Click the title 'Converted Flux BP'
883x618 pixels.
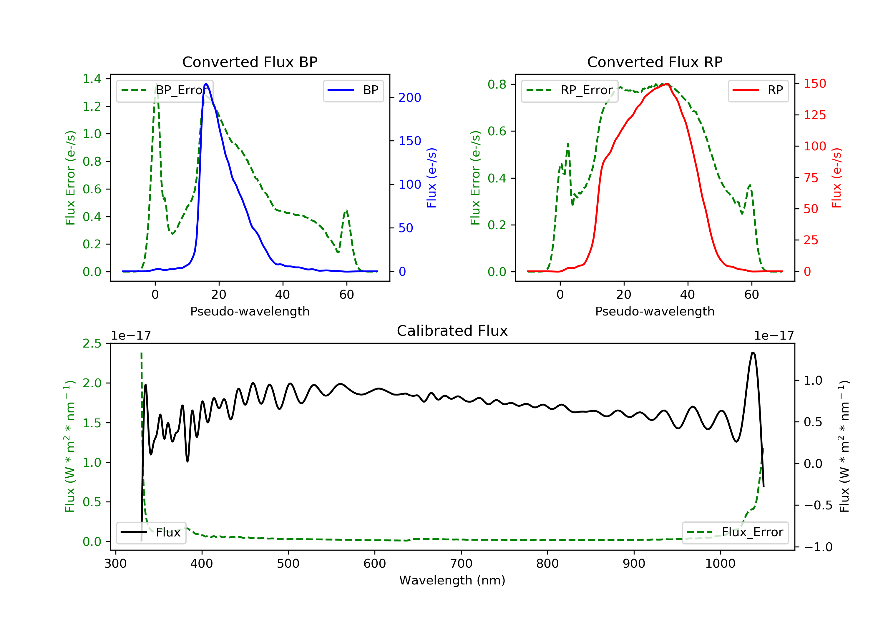coord(250,62)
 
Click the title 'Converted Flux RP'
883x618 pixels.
coord(655,62)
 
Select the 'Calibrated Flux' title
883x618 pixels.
coord(452,331)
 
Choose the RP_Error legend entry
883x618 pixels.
coord(570,90)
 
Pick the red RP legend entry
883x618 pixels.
coord(758,90)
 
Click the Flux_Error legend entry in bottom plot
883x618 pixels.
coord(735,532)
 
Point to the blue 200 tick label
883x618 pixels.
coord(410,98)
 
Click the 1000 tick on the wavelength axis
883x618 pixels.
coord(720,564)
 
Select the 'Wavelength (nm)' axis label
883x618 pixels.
coord(452,580)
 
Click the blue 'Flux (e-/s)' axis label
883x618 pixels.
coord(431,178)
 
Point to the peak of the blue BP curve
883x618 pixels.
coord(206,84)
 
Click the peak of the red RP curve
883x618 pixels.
coord(667,84)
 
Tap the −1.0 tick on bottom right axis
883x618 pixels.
coord(818,547)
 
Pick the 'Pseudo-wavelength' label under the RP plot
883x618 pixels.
coord(655,311)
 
